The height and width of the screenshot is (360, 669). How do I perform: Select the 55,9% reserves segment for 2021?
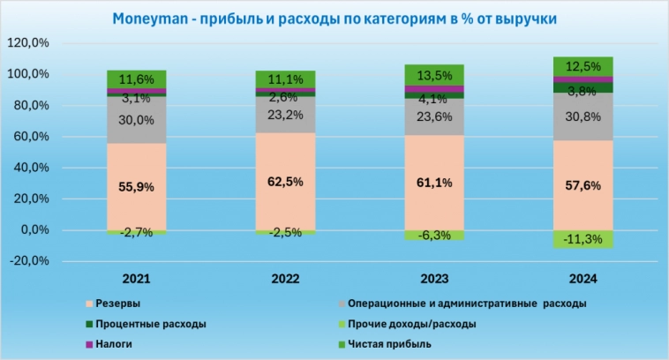click(x=137, y=186)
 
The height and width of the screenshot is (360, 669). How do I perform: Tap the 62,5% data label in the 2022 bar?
click(x=286, y=182)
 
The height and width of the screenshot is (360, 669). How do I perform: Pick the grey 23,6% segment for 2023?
click(x=434, y=116)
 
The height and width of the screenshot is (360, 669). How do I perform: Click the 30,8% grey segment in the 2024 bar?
click(x=583, y=116)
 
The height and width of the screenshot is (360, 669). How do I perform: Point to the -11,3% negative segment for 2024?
click(x=583, y=239)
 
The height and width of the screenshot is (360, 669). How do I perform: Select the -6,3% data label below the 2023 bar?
click(x=434, y=236)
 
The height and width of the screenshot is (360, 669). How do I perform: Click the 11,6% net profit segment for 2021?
click(x=137, y=79)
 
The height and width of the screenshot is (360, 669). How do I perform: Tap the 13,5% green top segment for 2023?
click(x=434, y=74)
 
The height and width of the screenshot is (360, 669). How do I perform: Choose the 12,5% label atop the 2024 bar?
click(x=583, y=66)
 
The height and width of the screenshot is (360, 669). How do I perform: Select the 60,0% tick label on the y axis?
click(x=29, y=137)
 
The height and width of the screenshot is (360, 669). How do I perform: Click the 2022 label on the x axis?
click(x=286, y=279)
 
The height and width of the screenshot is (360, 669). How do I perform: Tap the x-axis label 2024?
click(x=583, y=279)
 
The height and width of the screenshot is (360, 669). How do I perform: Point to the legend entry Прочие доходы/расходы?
click(x=412, y=324)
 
